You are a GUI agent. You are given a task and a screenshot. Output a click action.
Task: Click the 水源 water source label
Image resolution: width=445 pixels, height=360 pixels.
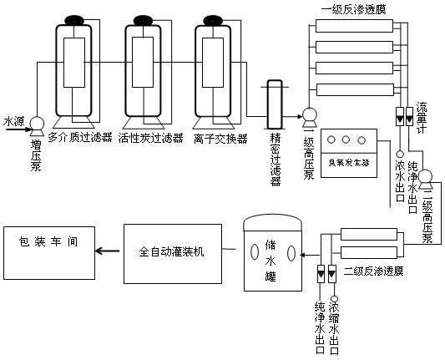(14, 119)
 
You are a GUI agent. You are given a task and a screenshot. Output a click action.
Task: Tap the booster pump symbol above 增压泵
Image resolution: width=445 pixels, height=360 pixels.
(36, 124)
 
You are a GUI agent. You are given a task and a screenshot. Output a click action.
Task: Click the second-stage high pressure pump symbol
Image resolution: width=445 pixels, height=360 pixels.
(423, 175)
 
